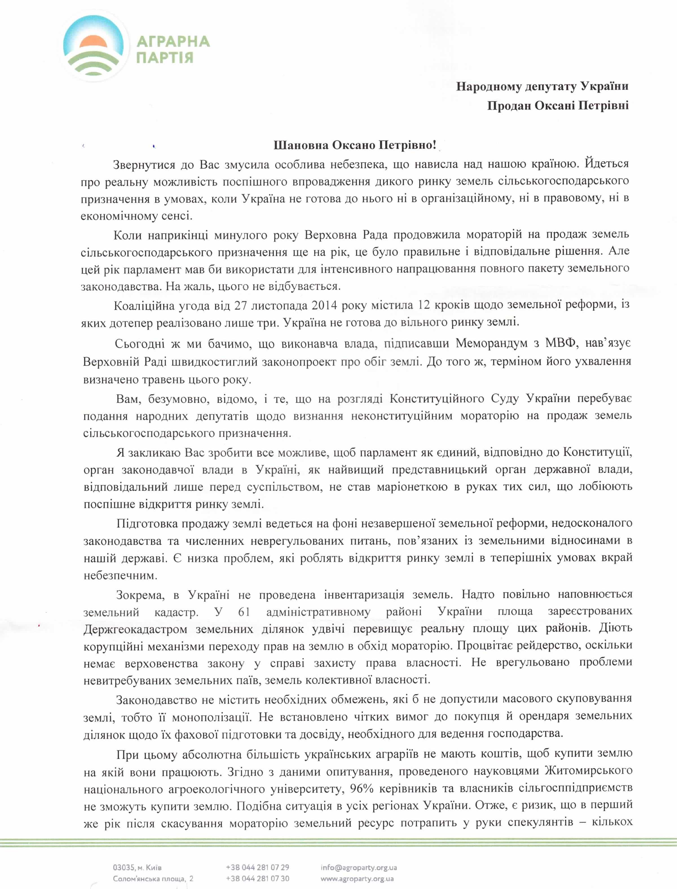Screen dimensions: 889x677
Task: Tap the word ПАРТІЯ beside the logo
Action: pos(165,57)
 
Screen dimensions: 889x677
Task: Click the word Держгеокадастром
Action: pos(135,629)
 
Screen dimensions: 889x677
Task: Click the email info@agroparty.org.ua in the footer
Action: pos(359,867)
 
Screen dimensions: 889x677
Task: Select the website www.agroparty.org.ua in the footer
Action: pos(357,879)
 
